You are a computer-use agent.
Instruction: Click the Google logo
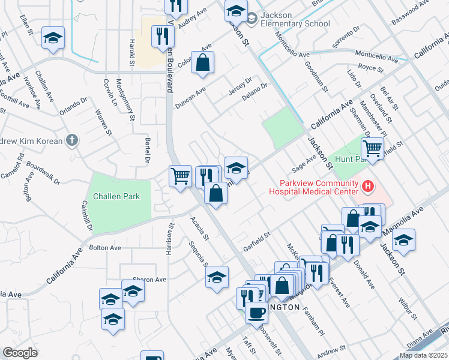(20, 353)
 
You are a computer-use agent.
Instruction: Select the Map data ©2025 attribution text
(423, 355)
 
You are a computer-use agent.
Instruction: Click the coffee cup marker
(256, 312)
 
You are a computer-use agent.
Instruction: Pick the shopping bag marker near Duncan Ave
(203, 62)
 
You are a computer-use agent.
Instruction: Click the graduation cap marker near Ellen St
(53, 38)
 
